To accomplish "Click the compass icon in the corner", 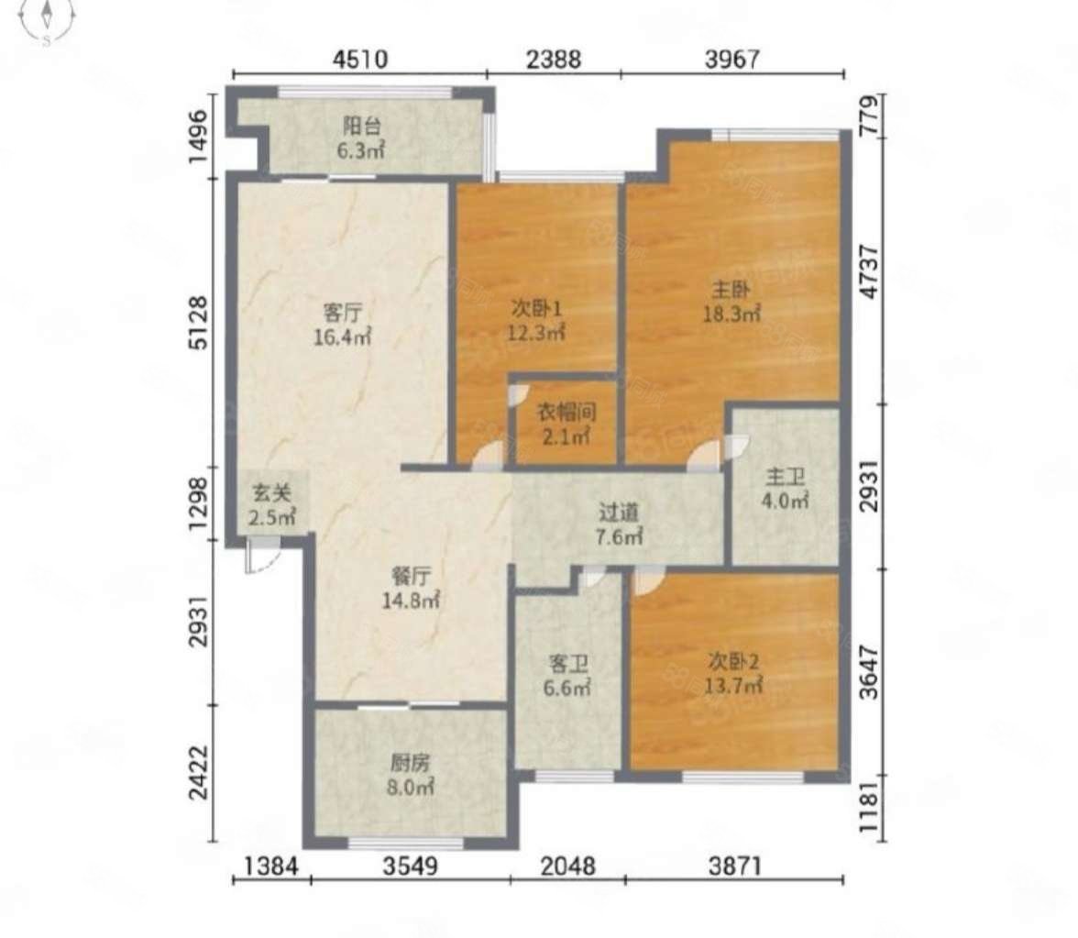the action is (47, 18).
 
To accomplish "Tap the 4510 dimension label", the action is (360, 59).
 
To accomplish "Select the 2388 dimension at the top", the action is (554, 59).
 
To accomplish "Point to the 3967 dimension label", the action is (733, 59).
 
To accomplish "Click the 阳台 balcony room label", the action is (361, 126).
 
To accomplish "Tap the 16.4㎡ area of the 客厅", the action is (343, 337).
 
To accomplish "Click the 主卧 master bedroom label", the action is (731, 290).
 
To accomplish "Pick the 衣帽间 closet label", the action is (566, 413).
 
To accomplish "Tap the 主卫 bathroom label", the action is (785, 477).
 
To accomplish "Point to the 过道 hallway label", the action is (619, 513).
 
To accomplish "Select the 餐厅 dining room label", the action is (411, 575).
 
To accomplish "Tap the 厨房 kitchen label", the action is (410, 762).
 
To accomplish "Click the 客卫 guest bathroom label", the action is (568, 664).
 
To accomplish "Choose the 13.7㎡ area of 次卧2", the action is (733, 686).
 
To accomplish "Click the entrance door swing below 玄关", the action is (262, 556).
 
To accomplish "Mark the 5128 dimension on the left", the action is (198, 323).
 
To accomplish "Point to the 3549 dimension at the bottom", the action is (411, 866).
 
